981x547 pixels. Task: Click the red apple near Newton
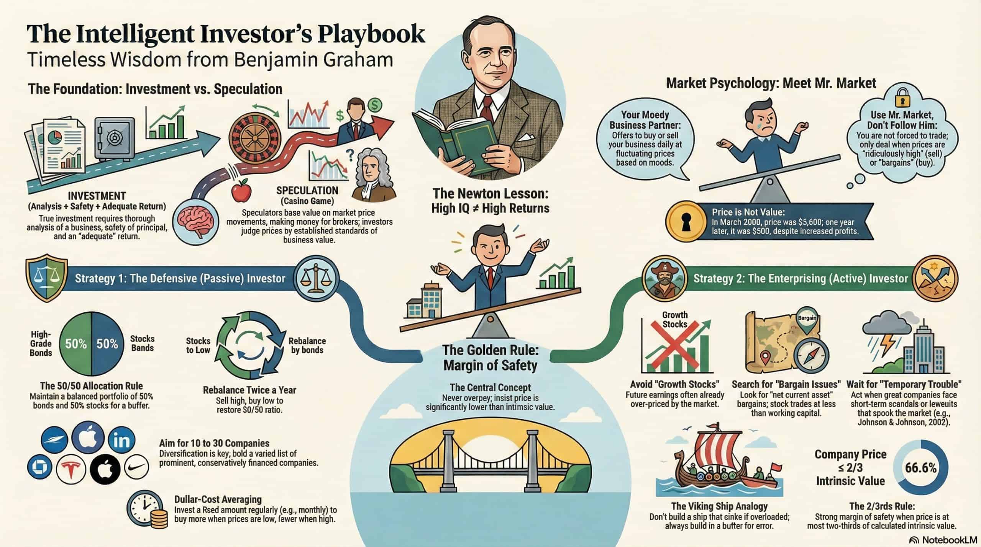pyautogui.click(x=242, y=191)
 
